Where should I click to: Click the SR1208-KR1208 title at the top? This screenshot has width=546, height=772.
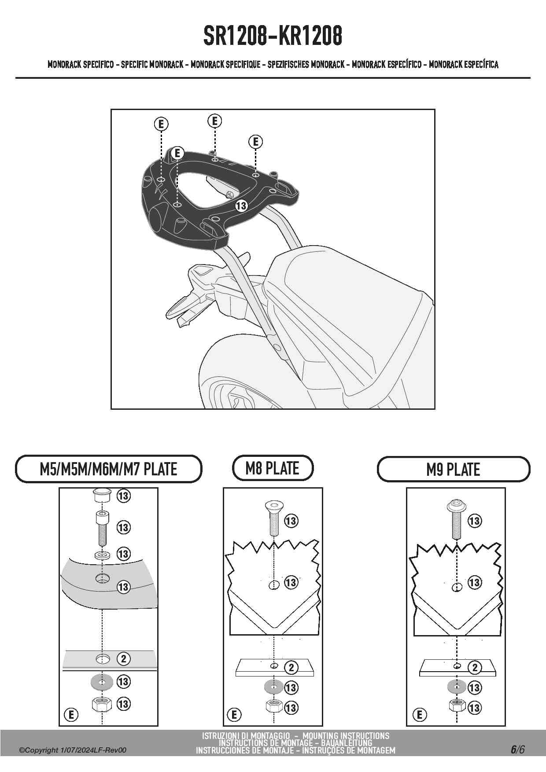(x=273, y=36)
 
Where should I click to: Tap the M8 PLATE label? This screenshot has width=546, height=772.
(x=273, y=468)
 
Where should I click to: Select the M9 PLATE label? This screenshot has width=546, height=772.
(x=453, y=470)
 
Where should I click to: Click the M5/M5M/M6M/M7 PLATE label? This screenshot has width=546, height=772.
(x=108, y=469)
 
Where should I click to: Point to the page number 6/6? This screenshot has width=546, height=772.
(x=518, y=750)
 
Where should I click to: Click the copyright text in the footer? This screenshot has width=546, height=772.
(x=73, y=750)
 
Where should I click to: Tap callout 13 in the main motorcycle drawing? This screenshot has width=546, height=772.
(x=241, y=206)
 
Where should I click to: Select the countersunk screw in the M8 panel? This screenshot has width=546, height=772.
(x=273, y=518)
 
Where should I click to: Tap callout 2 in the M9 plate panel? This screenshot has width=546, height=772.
(x=475, y=668)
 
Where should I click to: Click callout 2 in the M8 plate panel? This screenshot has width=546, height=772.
(x=291, y=668)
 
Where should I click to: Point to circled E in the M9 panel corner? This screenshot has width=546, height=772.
(x=420, y=714)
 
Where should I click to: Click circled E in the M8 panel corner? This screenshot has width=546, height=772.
(x=234, y=714)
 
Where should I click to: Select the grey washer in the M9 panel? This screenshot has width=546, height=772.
(x=457, y=687)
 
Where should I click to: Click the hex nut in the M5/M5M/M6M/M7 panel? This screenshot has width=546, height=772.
(x=102, y=704)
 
